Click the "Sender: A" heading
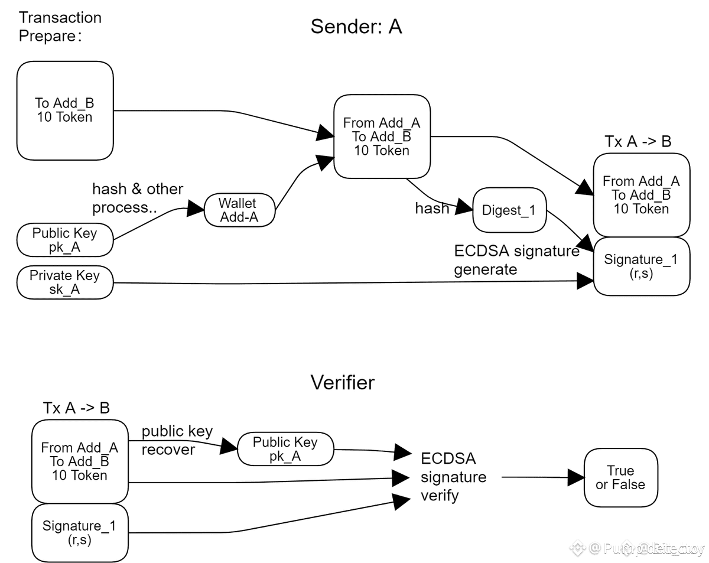[x=356, y=27]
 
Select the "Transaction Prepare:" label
[x=60, y=27]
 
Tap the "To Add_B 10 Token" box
[x=64, y=110]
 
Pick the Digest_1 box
[x=509, y=210]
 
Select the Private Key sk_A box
[x=64, y=282]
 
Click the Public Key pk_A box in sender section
[x=64, y=240]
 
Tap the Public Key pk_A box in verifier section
[x=285, y=450]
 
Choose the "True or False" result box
[x=620, y=477]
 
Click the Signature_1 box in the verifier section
[x=80, y=532]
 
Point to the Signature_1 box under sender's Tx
[x=641, y=266]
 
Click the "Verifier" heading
[x=343, y=383]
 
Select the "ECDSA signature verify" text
[x=454, y=477]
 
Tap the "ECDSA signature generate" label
[x=516, y=260]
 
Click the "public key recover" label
[x=177, y=440]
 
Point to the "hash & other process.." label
[x=138, y=198]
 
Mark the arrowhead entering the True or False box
[x=576, y=477]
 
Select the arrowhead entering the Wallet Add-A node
[x=196, y=208]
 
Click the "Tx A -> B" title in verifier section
[x=76, y=408]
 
